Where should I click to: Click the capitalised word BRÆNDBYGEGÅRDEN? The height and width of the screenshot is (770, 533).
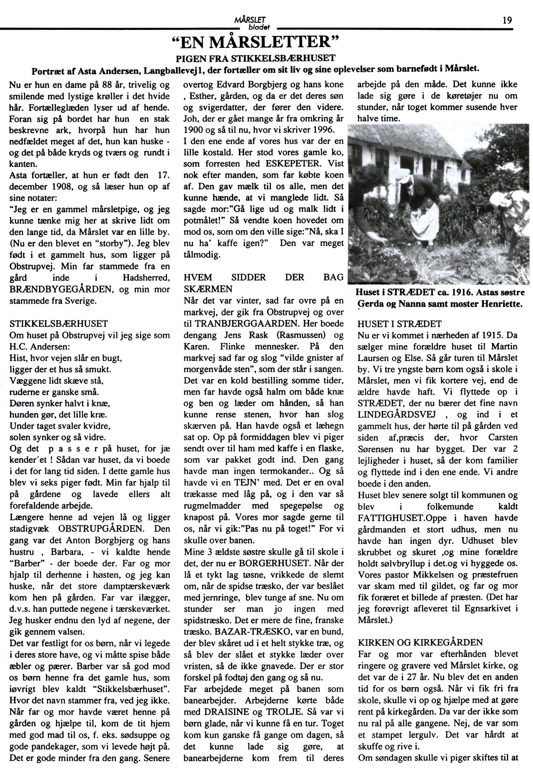(x=61, y=289)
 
